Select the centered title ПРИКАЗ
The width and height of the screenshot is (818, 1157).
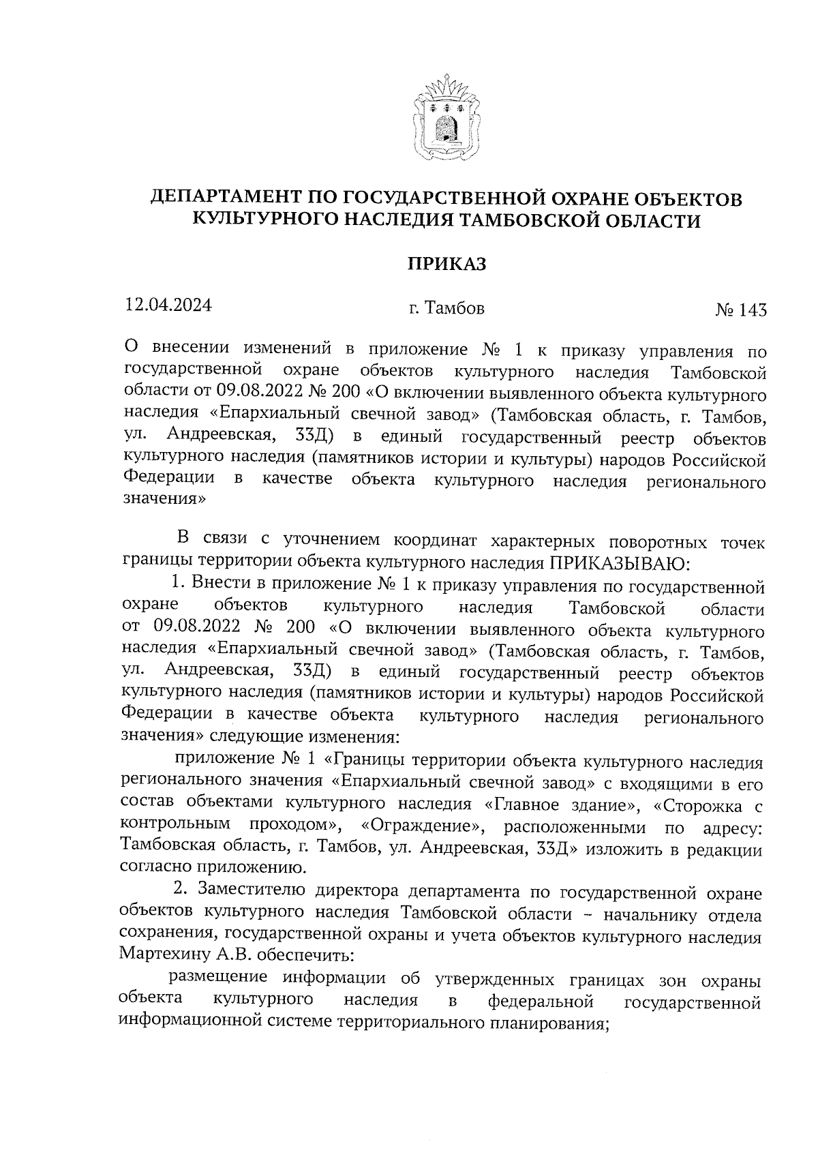(447, 265)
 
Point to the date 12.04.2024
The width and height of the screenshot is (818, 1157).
(168, 305)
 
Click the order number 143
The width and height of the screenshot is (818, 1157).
(752, 310)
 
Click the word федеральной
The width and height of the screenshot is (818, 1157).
(541, 1002)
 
